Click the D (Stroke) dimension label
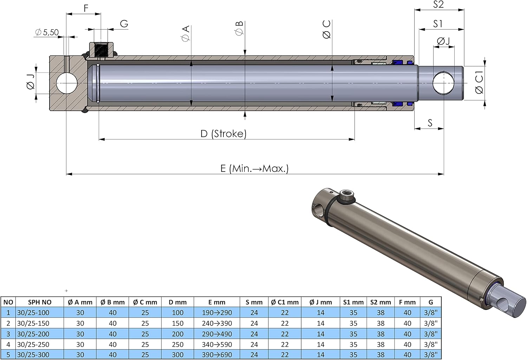coord(223,133)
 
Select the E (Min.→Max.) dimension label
coord(255,168)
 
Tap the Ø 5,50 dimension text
coord(47,32)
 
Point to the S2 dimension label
coord(438,5)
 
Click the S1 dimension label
coord(438,24)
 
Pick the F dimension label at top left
coord(86,8)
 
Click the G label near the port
coord(124,24)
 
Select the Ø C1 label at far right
coord(479,82)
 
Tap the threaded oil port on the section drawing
coord(101,51)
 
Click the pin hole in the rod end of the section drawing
coord(443,83)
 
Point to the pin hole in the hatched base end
coord(67,83)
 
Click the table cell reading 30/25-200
coord(33,334)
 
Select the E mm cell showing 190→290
coord(217,313)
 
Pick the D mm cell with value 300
coord(178,355)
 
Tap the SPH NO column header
coord(39,302)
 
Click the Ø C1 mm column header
coord(285,302)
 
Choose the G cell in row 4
coord(430,344)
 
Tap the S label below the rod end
coord(430,123)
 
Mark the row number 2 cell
coord(8,323)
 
